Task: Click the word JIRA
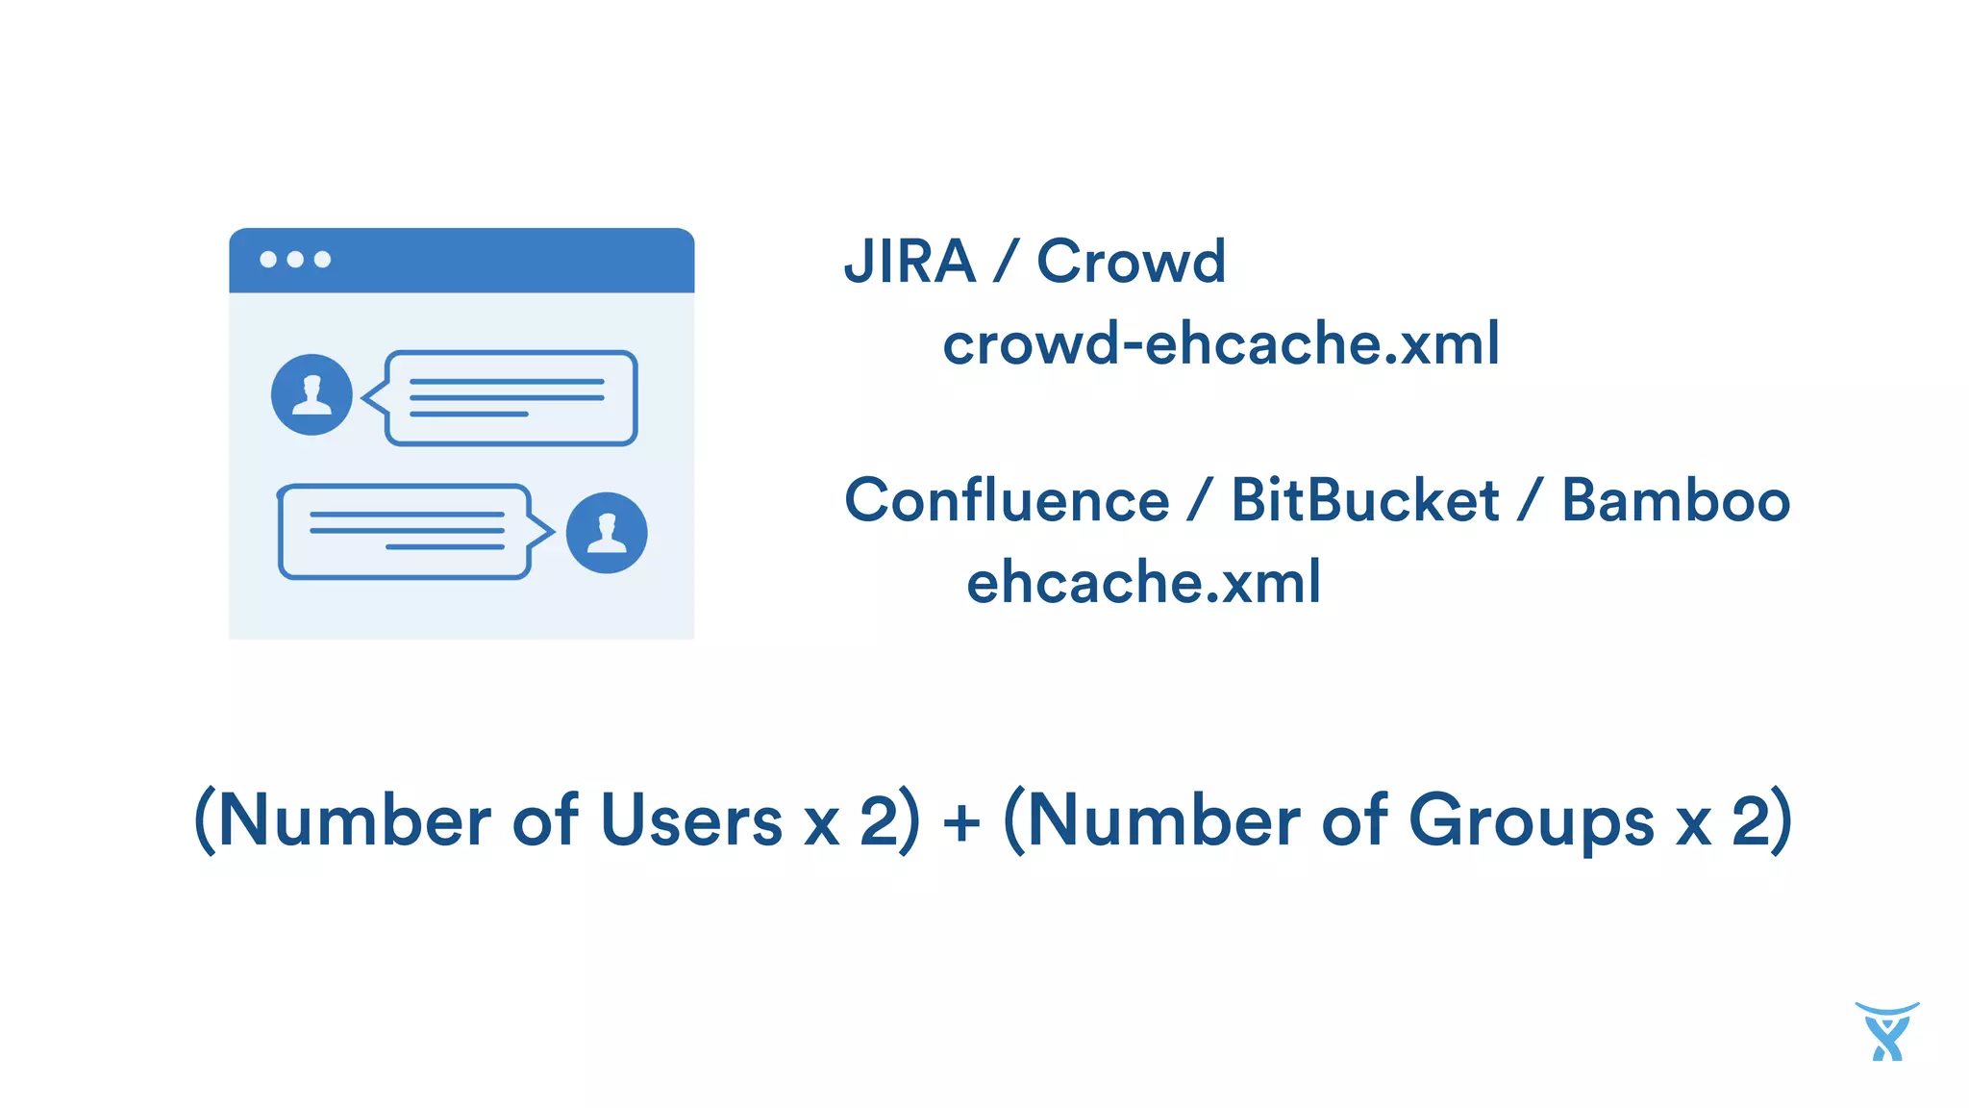click(910, 262)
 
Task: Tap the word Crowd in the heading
click(1131, 262)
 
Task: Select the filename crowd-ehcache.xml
click(1220, 343)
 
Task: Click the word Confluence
click(1007, 500)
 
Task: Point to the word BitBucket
click(1364, 500)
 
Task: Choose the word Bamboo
click(1675, 500)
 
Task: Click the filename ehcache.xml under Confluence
click(1143, 582)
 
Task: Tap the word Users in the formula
click(691, 821)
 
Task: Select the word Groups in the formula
click(1531, 821)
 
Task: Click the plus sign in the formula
click(961, 823)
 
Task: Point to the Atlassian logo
click(1886, 1031)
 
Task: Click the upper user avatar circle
click(312, 394)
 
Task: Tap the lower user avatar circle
click(607, 533)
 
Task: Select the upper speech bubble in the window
click(511, 398)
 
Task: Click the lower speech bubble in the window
click(405, 532)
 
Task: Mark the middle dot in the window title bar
click(295, 260)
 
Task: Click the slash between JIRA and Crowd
click(1006, 262)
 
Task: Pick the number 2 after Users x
click(879, 821)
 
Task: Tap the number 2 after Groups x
click(1751, 821)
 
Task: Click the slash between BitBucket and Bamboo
click(1530, 500)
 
